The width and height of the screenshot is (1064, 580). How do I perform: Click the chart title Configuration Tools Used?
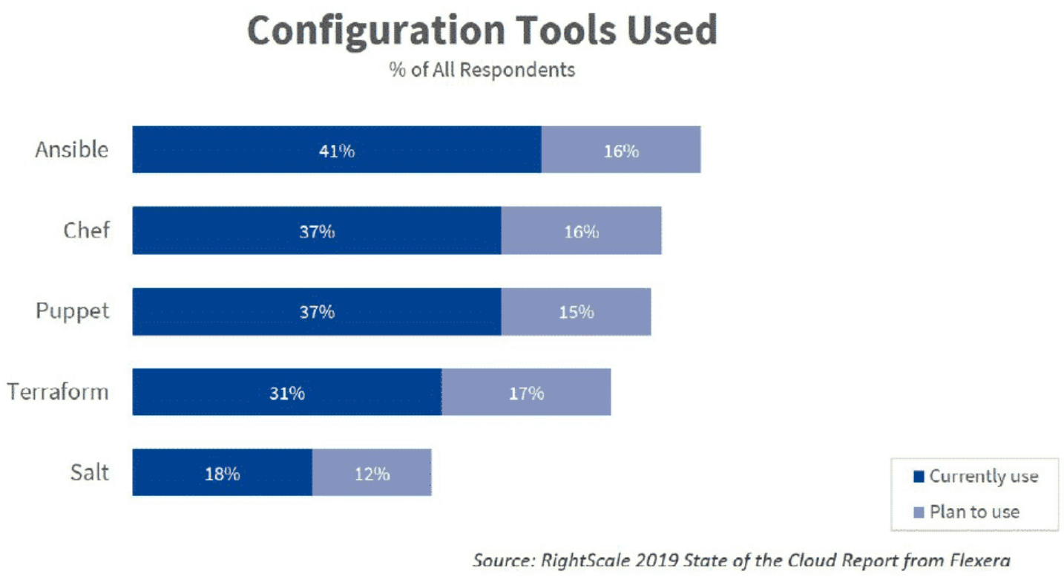click(x=482, y=31)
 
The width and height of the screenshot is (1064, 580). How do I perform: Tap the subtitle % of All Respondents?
click(x=482, y=70)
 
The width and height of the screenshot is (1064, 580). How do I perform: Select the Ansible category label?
click(x=72, y=149)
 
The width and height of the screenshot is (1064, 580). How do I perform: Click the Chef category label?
click(x=86, y=230)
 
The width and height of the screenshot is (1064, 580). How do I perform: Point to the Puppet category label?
click(x=73, y=311)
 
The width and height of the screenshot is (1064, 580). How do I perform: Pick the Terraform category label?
click(x=58, y=391)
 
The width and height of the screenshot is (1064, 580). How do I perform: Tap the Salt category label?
click(x=90, y=472)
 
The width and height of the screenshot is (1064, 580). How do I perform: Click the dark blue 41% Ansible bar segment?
click(x=337, y=150)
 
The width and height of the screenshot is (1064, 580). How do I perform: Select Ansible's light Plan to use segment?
click(x=621, y=150)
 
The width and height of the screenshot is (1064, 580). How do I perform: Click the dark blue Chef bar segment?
click(x=317, y=231)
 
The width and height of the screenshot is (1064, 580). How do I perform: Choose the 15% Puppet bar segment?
click(x=577, y=312)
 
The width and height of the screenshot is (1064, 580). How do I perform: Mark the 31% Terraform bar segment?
click(x=287, y=392)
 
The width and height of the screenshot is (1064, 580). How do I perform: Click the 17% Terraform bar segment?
click(x=526, y=392)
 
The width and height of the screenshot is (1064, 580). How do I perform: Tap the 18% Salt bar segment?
click(x=222, y=473)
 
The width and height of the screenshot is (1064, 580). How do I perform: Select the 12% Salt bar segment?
click(x=372, y=473)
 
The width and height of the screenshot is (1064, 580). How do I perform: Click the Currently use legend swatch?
click(x=919, y=477)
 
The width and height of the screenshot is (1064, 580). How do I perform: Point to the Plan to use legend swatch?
click(x=919, y=512)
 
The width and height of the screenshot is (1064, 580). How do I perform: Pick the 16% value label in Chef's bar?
click(x=581, y=231)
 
